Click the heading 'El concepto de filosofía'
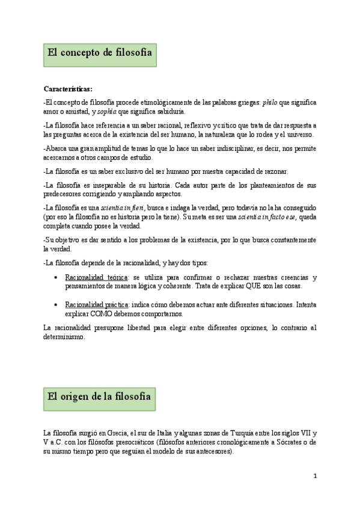[x=99, y=53]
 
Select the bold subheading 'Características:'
[x=68, y=90]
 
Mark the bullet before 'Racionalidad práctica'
[x=55, y=304]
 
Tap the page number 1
[x=314, y=476]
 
